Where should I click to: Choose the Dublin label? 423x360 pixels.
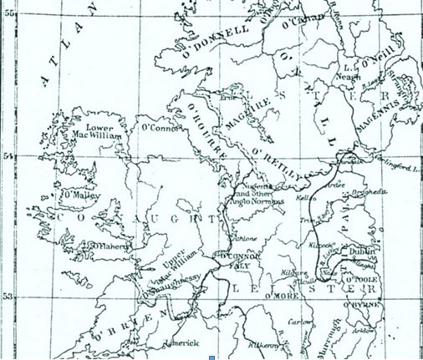(362, 248)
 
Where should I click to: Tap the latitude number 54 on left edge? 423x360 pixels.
(8, 155)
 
